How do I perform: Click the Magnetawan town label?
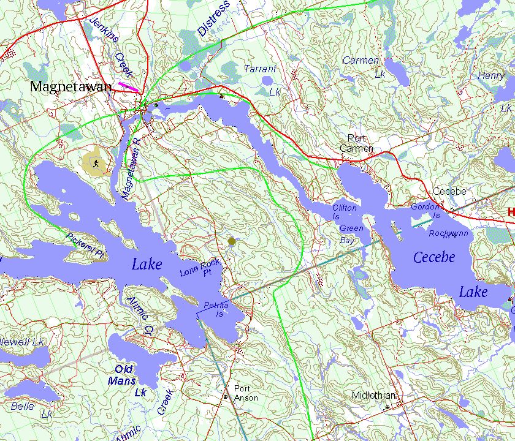tap(71, 87)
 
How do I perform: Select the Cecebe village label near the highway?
tap(449, 191)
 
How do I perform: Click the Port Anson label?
tap(245, 393)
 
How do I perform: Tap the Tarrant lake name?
tap(261, 69)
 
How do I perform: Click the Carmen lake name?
tap(361, 61)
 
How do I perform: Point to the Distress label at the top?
tap(214, 18)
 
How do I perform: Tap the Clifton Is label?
tap(344, 212)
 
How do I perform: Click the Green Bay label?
tap(351, 233)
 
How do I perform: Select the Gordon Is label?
tap(425, 211)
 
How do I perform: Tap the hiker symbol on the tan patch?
tap(96, 163)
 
